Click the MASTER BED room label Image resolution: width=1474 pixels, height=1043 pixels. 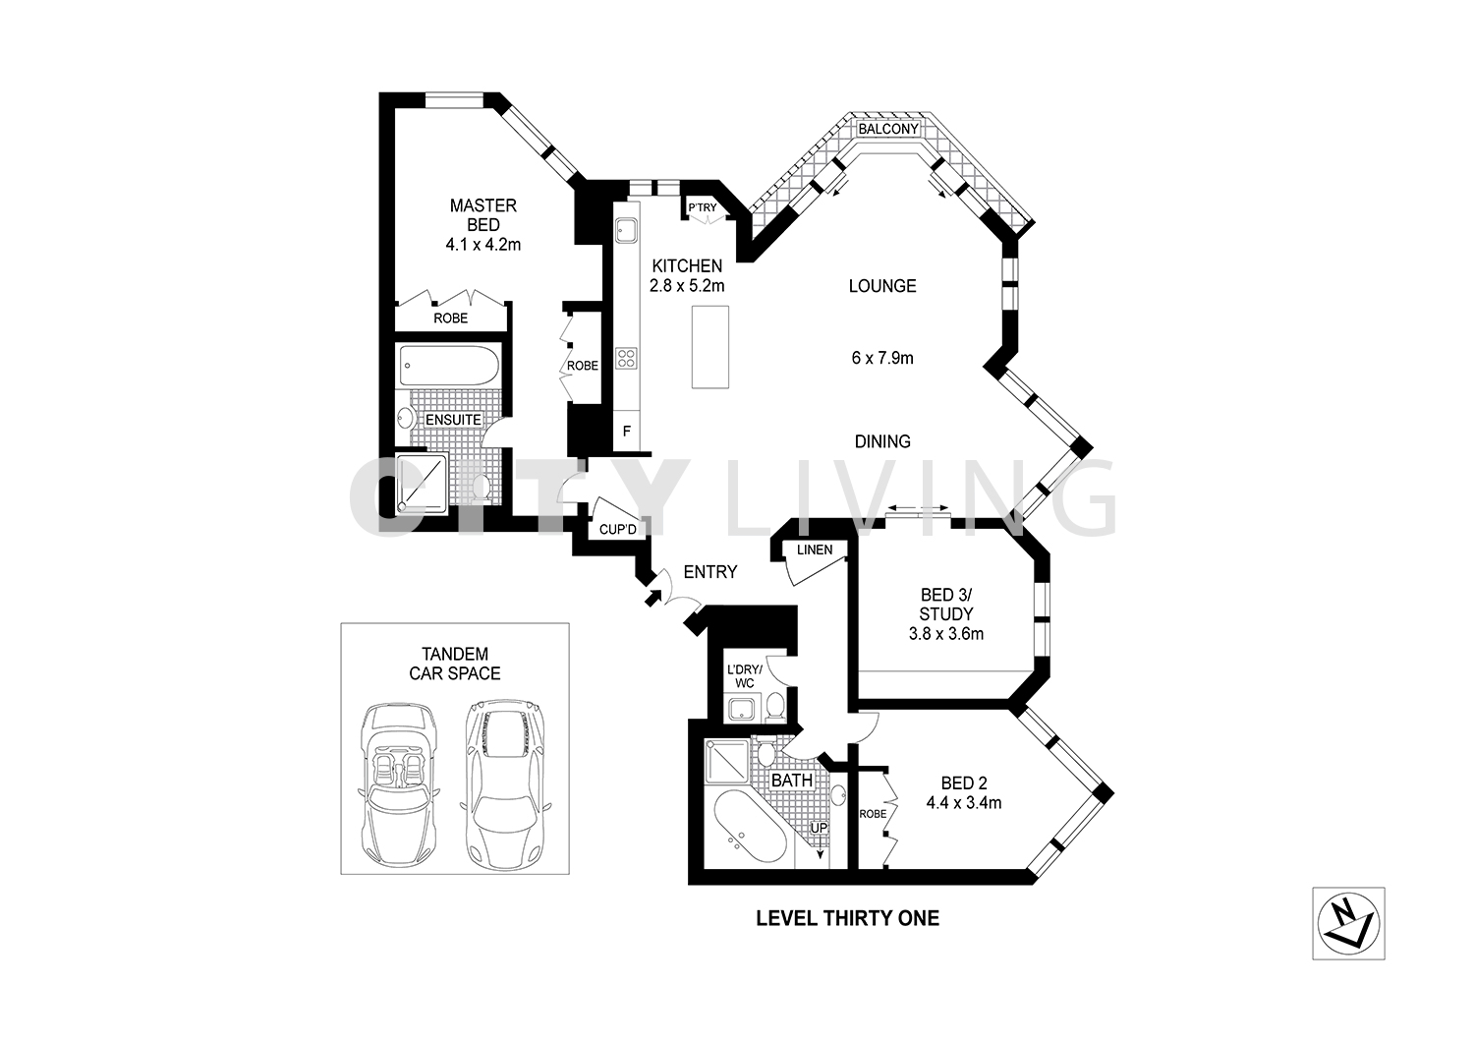point(482,215)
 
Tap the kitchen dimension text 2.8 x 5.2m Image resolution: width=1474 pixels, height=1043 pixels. point(686,286)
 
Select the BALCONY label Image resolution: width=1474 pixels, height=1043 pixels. point(888,130)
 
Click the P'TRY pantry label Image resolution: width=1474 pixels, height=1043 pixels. point(702,207)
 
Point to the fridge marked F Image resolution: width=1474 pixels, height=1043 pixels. point(626,431)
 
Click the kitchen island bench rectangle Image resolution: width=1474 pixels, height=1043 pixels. point(709,346)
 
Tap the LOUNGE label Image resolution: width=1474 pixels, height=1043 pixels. point(882,286)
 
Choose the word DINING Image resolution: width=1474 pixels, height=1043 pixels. point(881,441)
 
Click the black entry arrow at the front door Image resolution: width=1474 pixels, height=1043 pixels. point(652,597)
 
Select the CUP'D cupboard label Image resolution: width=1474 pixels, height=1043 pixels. point(619,530)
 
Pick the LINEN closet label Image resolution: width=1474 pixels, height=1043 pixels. point(815,550)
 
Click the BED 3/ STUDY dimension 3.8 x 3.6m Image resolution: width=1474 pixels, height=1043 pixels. point(946,634)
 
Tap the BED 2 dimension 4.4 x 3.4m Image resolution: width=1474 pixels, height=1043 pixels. point(963,802)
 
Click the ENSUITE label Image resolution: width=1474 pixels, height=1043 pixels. point(453,420)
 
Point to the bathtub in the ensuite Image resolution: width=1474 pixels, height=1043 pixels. point(450,369)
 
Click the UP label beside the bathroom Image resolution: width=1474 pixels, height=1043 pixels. point(819,829)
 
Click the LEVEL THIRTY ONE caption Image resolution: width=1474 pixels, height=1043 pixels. point(847,918)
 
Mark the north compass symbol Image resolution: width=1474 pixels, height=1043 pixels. point(1348,923)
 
